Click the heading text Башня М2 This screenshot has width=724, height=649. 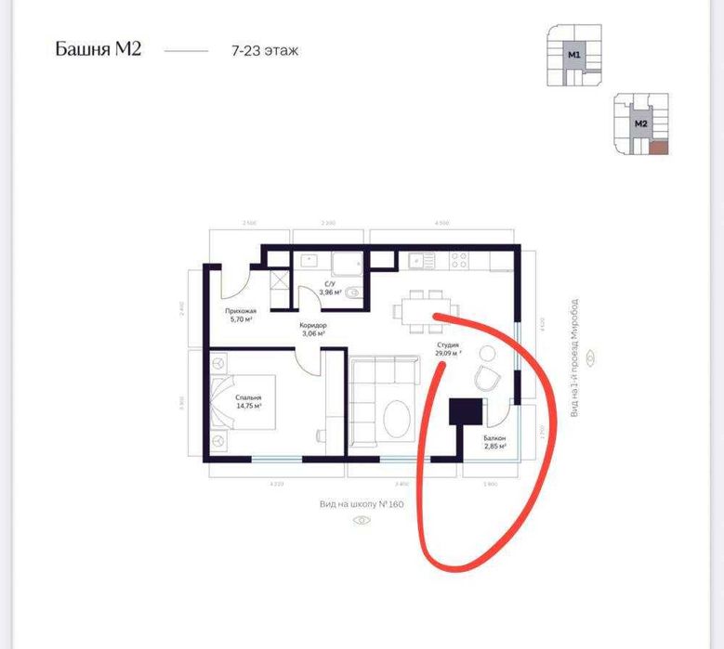point(98,49)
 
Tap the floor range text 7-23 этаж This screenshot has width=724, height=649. point(266,50)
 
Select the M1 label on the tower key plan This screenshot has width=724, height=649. point(574,56)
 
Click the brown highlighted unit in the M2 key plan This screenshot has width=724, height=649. point(658,147)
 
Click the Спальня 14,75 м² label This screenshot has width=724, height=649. point(248,401)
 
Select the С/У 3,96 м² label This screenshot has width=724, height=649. point(330,287)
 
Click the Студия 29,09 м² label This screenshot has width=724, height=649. point(448,348)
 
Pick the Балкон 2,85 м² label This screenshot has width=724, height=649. point(494,441)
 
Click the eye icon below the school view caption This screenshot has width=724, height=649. point(361,520)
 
